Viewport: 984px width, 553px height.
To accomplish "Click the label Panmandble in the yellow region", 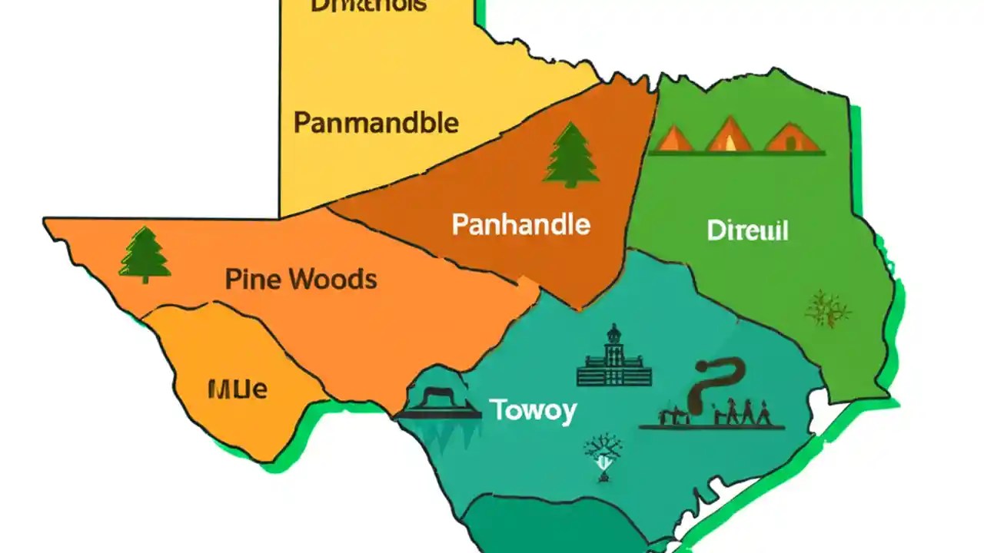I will pos(376,123).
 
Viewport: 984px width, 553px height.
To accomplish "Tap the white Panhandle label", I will pos(520,225).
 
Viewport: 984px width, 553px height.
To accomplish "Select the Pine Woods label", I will pos(301,280).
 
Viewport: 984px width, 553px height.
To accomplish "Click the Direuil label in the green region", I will pos(747,230).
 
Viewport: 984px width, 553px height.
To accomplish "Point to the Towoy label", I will pos(533,411).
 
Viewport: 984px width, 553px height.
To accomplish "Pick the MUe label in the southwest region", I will pos(238,389).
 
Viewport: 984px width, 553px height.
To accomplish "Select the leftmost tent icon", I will pos(676,138).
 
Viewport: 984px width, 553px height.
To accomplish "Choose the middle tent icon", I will pos(728,136).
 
